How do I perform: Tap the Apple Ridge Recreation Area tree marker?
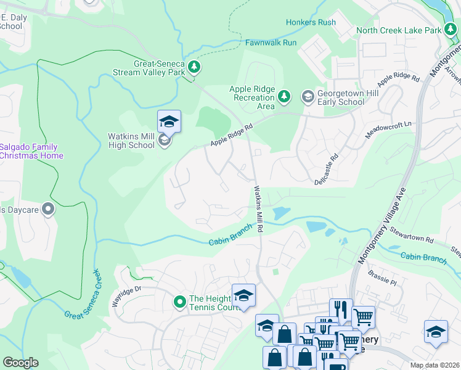[x=284, y=96]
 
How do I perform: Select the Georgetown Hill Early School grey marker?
[x=307, y=96]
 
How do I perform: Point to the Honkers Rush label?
[x=311, y=23]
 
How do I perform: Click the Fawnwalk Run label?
[x=271, y=43]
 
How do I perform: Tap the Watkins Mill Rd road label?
[x=259, y=210]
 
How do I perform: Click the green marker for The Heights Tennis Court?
[x=179, y=302]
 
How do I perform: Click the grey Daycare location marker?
[x=48, y=210]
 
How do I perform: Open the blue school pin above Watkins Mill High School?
[x=169, y=121]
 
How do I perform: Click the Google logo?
[x=20, y=363]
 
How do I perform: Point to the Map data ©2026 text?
[x=435, y=365]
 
